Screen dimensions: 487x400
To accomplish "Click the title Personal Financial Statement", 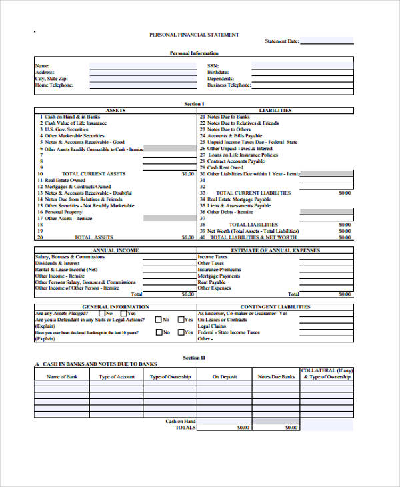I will point(194,34).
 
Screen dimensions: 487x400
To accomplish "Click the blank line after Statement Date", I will point(327,42).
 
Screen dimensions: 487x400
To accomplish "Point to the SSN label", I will point(213,66).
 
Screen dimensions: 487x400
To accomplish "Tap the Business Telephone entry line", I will point(303,85).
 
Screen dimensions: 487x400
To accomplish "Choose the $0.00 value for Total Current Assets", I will point(187,173).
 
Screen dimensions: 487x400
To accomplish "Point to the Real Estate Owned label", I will point(65,180).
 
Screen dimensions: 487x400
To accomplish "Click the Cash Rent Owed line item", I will point(227,167).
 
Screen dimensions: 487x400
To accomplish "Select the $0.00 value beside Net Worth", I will point(344,231).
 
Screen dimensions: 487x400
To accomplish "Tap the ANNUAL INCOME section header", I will point(115,250).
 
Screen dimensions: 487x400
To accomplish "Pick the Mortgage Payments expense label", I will point(219,276).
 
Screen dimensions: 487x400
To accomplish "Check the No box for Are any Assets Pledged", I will point(102,313).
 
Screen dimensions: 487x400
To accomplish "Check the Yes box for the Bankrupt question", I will point(181,332).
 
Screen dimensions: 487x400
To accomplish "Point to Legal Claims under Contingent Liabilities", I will point(212,326).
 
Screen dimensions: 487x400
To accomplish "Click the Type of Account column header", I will point(117,377).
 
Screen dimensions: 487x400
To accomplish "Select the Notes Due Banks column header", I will point(276,377).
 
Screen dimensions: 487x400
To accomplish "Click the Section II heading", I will point(194,357).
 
